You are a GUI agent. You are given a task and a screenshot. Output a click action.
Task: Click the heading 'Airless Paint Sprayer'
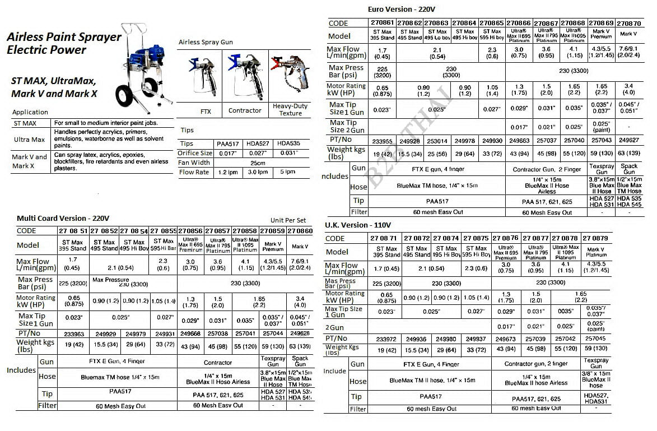coord(64,38)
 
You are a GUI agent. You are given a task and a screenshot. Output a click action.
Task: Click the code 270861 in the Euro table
coord(383,23)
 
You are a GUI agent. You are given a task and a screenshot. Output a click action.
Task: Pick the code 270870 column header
coord(629,24)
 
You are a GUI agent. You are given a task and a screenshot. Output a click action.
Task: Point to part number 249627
coord(628,140)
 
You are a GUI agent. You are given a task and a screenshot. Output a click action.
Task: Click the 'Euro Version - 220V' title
coord(401,10)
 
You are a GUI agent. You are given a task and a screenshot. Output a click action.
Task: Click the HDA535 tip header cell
coord(290,143)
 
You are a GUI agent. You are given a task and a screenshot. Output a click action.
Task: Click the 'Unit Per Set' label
coord(288,220)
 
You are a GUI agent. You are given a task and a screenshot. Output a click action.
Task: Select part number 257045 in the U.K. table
coord(596,339)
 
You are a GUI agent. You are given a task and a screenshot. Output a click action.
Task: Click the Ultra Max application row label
coord(30,140)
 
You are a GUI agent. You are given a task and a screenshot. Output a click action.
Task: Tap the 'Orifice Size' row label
coord(195,153)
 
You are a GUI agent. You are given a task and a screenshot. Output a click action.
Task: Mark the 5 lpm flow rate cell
coord(290,172)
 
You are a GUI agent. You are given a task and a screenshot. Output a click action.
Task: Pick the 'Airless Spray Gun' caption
coord(206,42)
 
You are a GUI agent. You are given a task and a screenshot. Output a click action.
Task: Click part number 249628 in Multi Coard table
coord(300,333)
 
